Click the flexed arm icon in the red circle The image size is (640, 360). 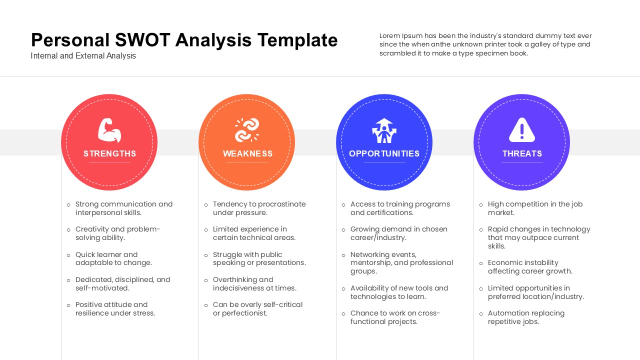(x=109, y=130)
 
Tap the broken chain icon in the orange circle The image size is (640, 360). (x=247, y=130)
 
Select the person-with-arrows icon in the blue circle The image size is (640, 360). (x=384, y=130)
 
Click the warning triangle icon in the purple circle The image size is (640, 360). (x=522, y=130)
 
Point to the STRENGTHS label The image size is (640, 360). (x=109, y=153)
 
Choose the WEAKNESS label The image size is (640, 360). (x=247, y=153)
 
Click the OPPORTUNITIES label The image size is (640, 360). (x=384, y=153)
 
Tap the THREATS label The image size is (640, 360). (x=522, y=153)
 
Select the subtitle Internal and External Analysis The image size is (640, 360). (x=83, y=56)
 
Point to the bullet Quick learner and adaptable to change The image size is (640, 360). (x=113, y=258)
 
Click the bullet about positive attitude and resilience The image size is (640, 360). (x=115, y=309)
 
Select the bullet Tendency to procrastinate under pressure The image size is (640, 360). (x=259, y=208)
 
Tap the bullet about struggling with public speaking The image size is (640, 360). (x=259, y=258)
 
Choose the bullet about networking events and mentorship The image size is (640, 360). (x=401, y=263)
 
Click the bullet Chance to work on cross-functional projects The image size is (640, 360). (x=395, y=317)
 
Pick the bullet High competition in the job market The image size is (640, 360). (x=535, y=208)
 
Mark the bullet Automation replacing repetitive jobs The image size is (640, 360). (x=526, y=317)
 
